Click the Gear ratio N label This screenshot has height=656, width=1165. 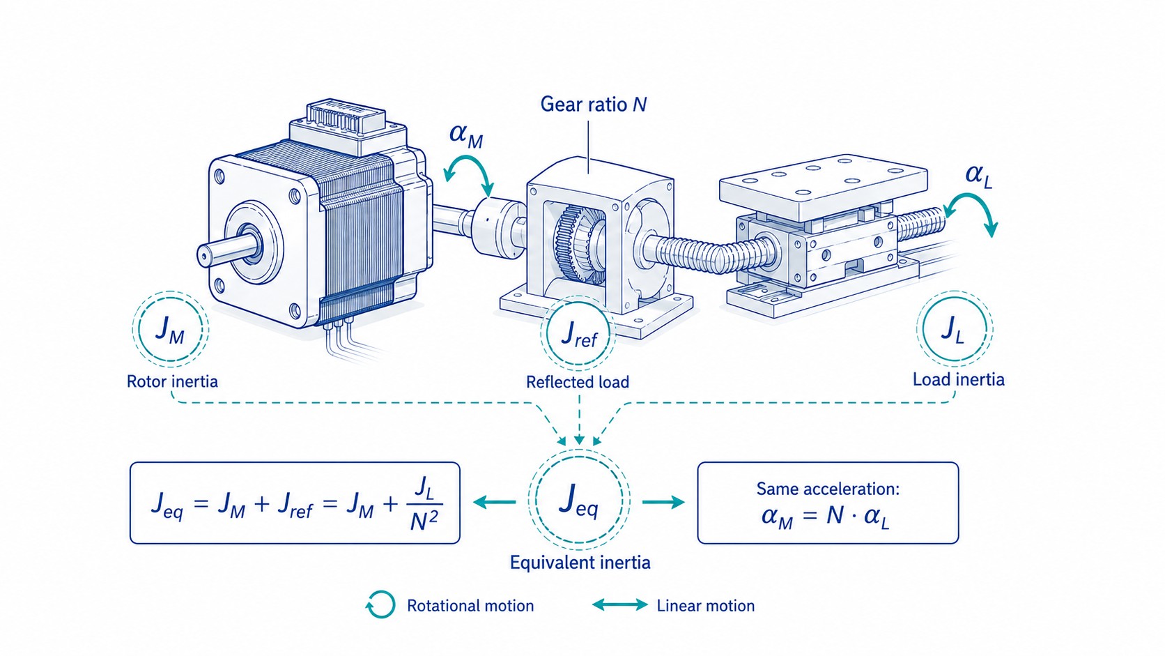pos(594,105)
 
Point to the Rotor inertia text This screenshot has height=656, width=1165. pos(172,381)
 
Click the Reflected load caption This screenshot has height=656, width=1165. pos(578,382)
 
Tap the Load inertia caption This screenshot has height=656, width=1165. pos(959,379)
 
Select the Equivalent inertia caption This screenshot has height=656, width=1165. pos(580,563)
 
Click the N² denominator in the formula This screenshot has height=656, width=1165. pos(424,520)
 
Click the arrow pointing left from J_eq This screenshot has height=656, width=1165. pos(494,502)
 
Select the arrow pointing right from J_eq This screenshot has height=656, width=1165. pos(663,502)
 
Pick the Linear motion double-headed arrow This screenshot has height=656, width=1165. pos(620,604)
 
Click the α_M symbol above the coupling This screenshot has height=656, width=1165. pos(466,135)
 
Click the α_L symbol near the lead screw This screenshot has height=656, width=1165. pos(979,176)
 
